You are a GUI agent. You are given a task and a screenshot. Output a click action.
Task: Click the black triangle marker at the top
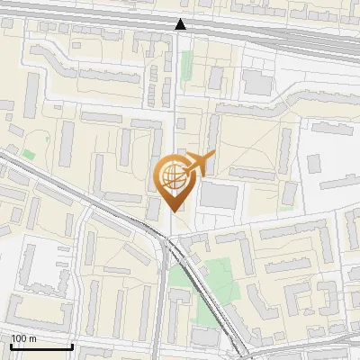coord(181,24)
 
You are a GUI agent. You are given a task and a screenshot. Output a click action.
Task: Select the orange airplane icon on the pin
coord(200,164)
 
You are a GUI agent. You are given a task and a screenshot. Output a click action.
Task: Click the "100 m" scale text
coord(23,338)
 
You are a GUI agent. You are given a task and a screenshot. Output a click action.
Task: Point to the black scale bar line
coord(41,346)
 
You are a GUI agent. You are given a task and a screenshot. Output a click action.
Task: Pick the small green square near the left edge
coord(29,155)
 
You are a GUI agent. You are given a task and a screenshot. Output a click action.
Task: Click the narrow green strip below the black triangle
coord(187,65)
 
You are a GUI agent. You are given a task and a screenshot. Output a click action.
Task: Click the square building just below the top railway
coord(256,84)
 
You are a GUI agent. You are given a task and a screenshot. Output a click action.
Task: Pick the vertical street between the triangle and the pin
coord(175,99)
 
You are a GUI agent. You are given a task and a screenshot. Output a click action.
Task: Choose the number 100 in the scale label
coord(19,338)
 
